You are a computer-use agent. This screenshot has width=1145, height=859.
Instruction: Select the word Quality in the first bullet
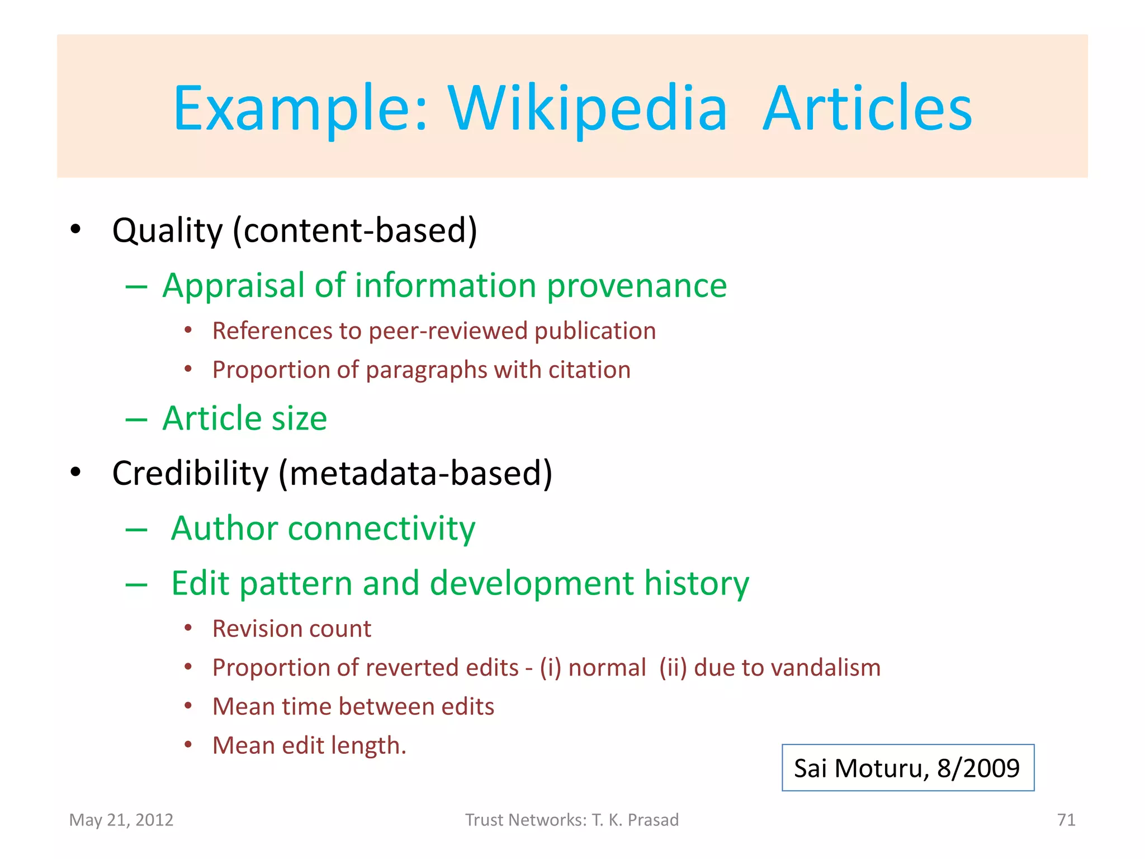(167, 230)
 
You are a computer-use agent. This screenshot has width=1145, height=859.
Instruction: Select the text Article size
(244, 418)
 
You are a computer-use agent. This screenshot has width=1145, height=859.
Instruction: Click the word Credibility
(190, 473)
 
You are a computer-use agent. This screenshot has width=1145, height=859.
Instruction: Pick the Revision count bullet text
(291, 629)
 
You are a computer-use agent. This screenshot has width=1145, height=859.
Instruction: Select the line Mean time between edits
(353, 707)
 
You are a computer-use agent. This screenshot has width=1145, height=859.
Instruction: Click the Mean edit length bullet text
(309, 746)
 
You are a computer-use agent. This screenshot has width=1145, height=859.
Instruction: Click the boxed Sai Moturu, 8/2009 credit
(907, 768)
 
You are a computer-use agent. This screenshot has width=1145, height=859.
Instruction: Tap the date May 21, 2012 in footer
(121, 820)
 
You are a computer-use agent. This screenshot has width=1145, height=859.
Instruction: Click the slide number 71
(1066, 820)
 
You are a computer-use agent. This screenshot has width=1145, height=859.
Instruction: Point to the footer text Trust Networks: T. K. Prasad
(572, 820)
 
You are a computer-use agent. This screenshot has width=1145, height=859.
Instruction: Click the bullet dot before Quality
(75, 229)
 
